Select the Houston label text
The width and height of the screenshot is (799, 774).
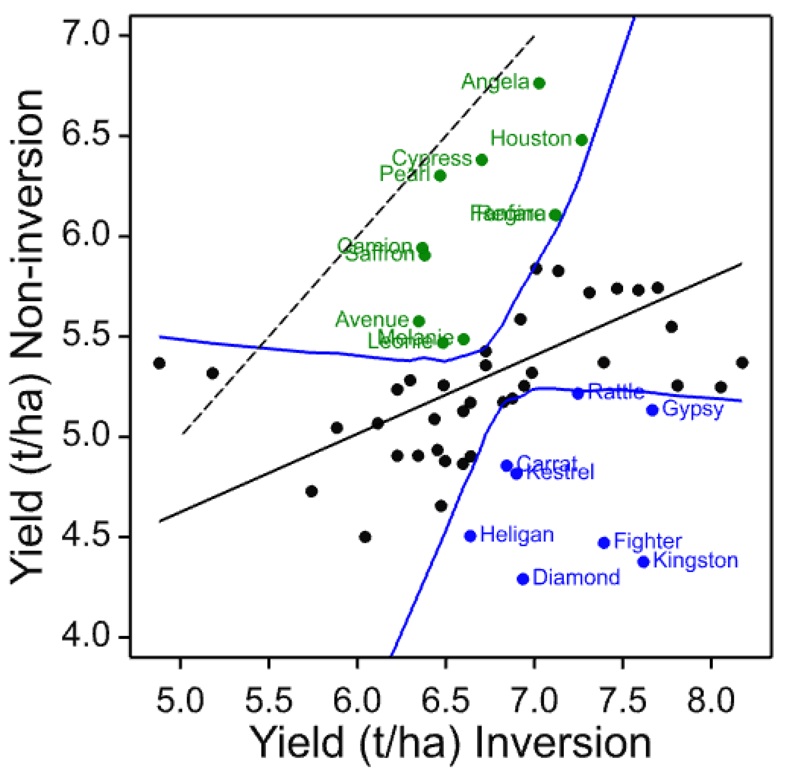tap(531, 139)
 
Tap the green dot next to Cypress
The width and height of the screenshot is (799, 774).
tap(482, 160)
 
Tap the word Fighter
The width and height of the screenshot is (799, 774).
tap(647, 542)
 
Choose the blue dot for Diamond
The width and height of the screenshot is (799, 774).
tap(523, 579)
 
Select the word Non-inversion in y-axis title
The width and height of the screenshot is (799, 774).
tap(26, 228)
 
